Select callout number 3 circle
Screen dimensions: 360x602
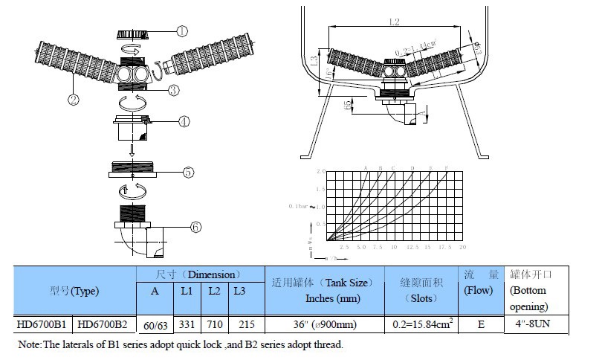coord(173,90)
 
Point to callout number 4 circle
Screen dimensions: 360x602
coord(183,121)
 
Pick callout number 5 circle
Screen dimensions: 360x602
coord(188,172)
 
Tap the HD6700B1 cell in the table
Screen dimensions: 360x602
coord(44,324)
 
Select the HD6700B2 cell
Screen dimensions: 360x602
coord(103,324)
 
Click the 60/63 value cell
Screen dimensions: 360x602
coord(155,324)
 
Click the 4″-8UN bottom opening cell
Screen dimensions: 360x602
coord(537,324)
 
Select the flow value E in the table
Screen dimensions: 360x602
coord(479,324)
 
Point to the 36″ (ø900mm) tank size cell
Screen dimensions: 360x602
coord(324,324)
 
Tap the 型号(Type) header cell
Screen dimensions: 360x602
coord(74,291)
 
